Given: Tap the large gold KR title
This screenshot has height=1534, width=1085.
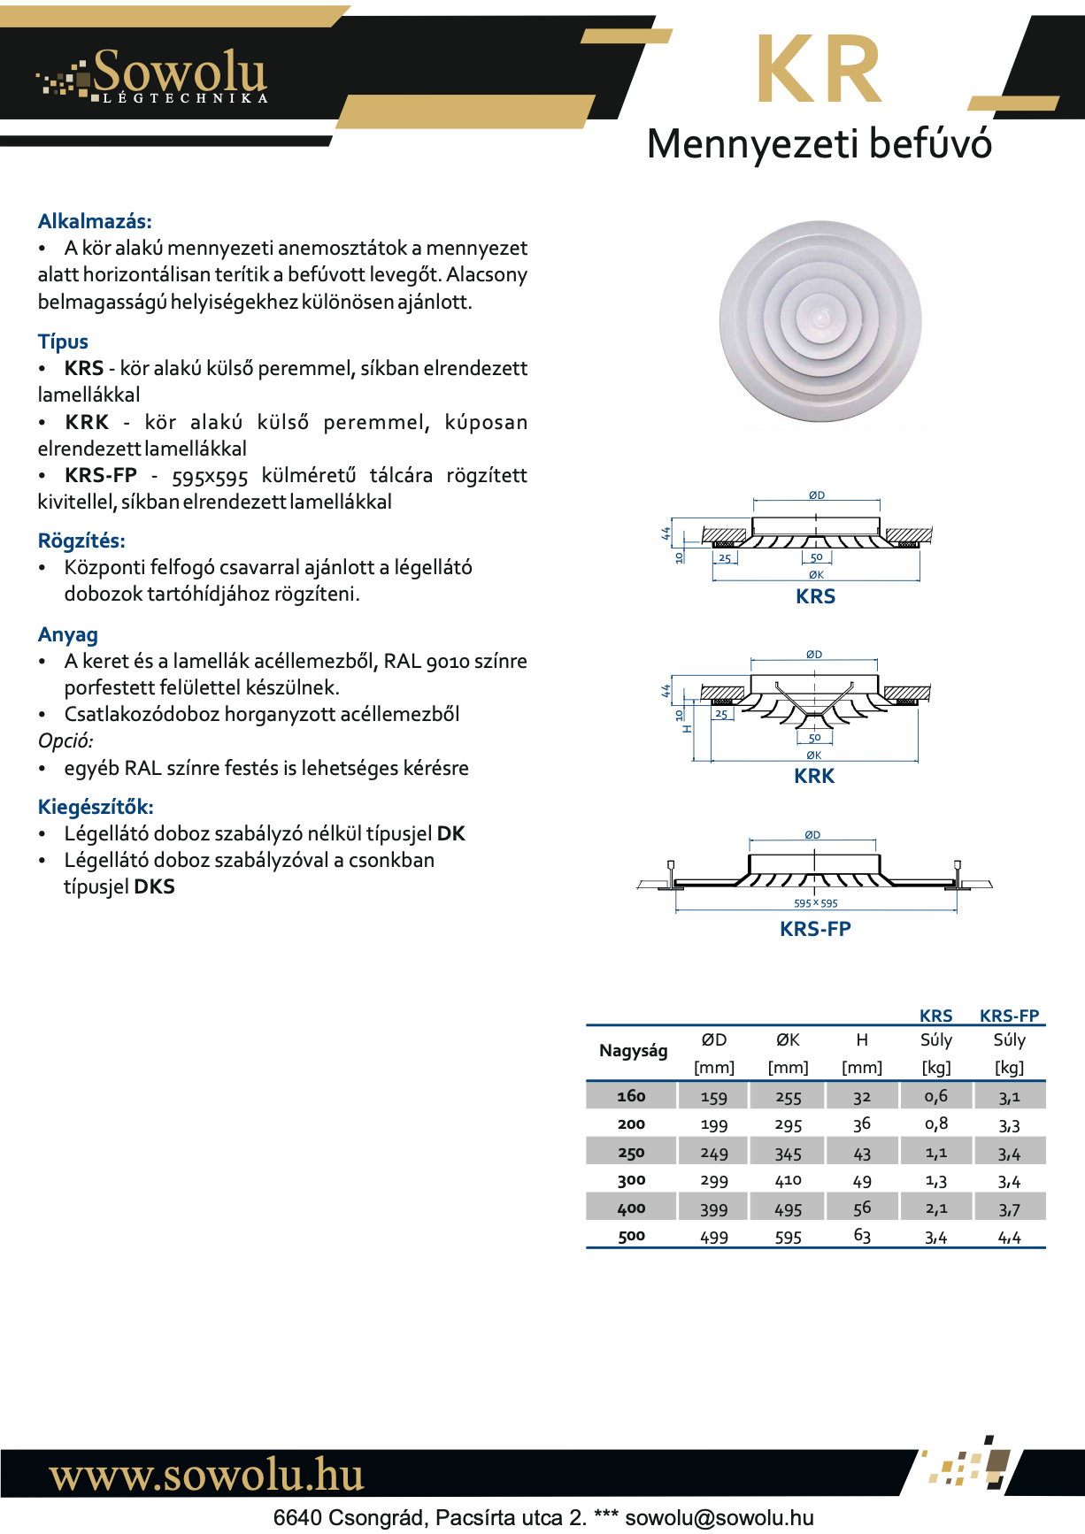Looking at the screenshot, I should (x=819, y=72).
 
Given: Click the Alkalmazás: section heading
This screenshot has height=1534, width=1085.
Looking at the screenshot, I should (x=95, y=221).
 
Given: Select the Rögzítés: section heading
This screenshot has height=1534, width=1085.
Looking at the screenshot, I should (x=81, y=541).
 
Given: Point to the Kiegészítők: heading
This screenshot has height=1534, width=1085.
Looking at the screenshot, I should (x=96, y=807).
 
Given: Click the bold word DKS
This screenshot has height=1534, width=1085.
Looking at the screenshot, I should (x=155, y=886).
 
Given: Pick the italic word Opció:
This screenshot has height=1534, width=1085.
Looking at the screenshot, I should (x=65, y=740).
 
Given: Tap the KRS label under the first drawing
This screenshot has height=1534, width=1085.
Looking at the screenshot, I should (x=815, y=596).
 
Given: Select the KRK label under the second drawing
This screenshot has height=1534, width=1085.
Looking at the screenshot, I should (x=814, y=776).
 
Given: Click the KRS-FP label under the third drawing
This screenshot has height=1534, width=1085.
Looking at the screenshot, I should (x=815, y=929).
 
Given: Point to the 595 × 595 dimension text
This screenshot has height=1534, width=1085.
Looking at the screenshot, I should (x=815, y=903).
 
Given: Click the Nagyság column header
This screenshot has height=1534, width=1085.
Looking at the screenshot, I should (x=634, y=1051).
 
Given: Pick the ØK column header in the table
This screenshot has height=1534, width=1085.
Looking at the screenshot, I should (x=788, y=1040).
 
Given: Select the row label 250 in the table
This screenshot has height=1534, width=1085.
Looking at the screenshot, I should (x=631, y=1153).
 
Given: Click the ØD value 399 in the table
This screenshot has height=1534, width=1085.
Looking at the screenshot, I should (x=714, y=1209).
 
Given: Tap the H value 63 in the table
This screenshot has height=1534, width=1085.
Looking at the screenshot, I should (x=862, y=1236).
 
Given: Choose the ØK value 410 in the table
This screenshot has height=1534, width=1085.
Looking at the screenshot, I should (x=788, y=1180).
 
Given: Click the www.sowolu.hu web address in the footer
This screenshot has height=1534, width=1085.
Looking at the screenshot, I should (x=206, y=1475).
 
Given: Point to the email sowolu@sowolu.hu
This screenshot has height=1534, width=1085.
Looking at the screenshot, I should (x=719, y=1518).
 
